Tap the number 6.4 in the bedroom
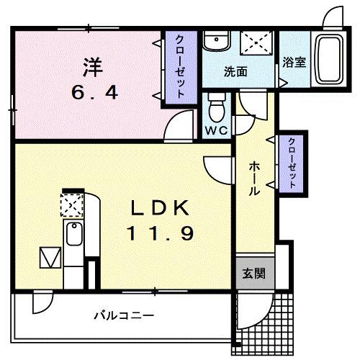tap(92, 93)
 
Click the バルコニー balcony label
tap(123, 315)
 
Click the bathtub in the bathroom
tap(332, 58)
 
